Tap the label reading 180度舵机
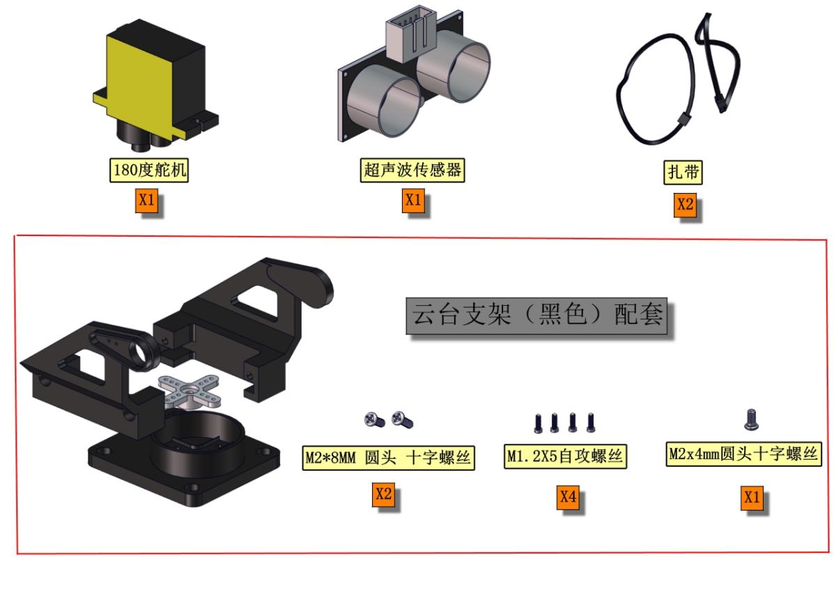coord(149,170)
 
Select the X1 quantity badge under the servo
coord(146,201)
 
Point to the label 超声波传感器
coord(412,170)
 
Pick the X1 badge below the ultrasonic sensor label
coord(412,201)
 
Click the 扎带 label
coord(683,172)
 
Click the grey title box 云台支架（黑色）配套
coord(536,316)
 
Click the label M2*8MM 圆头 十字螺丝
coord(388,458)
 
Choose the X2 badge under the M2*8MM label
coord(383,495)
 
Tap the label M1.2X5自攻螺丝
coord(565,456)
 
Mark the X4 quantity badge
coord(568,497)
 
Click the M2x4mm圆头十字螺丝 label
coord(743,454)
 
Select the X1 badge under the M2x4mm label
coord(752,497)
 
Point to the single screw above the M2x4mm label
coord(751,419)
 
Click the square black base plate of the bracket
coord(183,467)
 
